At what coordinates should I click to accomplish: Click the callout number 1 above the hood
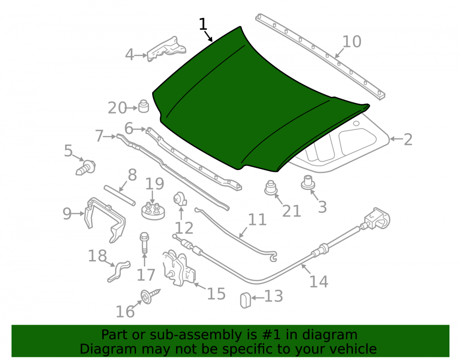(x=203, y=24)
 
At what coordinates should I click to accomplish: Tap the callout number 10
(x=352, y=42)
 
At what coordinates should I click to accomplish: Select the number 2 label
(x=408, y=140)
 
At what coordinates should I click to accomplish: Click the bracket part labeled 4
(x=166, y=49)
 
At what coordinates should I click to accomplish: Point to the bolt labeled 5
(x=86, y=168)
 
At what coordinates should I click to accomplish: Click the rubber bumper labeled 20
(x=143, y=106)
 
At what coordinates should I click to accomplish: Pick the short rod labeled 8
(x=120, y=196)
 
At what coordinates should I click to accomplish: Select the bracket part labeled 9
(x=105, y=219)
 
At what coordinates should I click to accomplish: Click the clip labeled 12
(x=180, y=199)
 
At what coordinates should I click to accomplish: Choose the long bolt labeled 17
(x=144, y=243)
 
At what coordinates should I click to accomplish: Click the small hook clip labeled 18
(x=119, y=271)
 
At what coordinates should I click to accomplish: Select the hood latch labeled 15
(x=178, y=268)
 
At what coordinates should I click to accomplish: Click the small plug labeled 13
(x=246, y=300)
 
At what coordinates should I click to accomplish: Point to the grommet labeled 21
(x=271, y=188)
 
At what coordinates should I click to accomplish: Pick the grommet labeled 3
(x=308, y=182)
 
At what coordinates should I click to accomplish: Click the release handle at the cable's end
(x=377, y=218)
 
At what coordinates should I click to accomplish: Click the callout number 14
(x=319, y=282)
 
